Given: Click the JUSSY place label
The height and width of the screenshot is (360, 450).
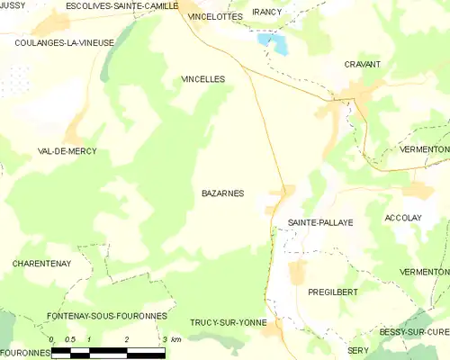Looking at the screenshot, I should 13,5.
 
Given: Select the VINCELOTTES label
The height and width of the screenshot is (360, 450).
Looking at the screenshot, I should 215,17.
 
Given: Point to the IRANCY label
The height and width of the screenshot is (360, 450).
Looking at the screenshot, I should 267,12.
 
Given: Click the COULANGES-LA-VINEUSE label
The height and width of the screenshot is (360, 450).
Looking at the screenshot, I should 64,42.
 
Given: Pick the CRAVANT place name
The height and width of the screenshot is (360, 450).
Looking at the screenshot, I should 362,65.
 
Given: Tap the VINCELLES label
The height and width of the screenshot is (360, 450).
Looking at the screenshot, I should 202,79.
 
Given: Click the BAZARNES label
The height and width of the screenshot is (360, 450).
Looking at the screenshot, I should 222,193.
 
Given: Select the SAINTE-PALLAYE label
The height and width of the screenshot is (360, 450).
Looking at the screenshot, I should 320,221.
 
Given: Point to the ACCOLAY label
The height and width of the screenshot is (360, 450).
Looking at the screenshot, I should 403,218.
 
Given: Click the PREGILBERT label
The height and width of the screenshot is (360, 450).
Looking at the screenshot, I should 333,292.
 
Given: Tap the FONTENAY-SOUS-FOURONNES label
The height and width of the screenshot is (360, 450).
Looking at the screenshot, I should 107,316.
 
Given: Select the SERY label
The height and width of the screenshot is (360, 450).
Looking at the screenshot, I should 358,349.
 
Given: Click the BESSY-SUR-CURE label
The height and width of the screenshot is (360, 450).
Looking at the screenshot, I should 414,332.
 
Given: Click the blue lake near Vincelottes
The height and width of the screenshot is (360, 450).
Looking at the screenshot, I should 273,41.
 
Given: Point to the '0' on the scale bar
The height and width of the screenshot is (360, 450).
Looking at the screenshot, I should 52,339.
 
